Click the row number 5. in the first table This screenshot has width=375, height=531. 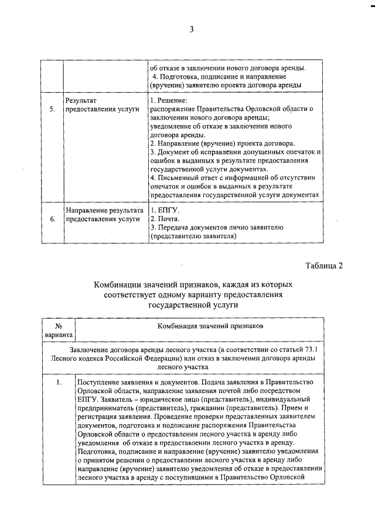tap(52, 109)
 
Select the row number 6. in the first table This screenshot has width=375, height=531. tap(52, 219)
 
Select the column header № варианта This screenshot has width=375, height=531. tap(58, 329)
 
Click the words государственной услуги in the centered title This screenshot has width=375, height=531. tap(191, 305)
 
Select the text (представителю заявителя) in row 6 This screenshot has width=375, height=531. tap(193, 236)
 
